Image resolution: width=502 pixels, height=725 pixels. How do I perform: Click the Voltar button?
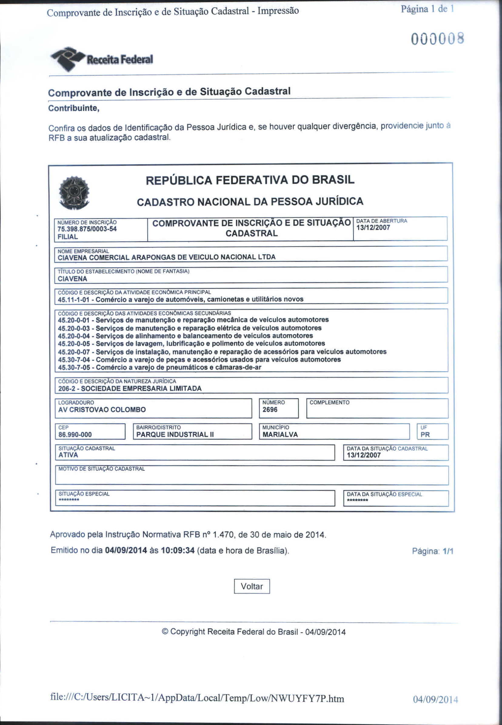[x=252, y=586]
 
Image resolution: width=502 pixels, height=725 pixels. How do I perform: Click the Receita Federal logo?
[x=102, y=59]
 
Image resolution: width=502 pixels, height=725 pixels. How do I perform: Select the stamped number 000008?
[x=437, y=39]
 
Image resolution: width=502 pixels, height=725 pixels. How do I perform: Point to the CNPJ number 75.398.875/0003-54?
[x=87, y=229]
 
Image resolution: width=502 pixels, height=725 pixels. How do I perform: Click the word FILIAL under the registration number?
[x=68, y=237]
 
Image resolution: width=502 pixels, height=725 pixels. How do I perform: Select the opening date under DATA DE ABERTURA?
[x=373, y=228]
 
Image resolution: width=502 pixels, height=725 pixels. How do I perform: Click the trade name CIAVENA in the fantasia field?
[x=73, y=279]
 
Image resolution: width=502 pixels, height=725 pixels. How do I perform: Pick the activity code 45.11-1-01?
[x=74, y=299]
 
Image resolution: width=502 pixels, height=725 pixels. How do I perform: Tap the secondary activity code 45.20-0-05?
[x=74, y=344]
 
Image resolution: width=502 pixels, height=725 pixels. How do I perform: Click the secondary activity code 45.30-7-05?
[x=74, y=368]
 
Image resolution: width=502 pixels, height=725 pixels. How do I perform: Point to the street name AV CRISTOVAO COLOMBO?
[x=102, y=410]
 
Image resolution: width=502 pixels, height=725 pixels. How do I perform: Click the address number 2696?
[x=270, y=410]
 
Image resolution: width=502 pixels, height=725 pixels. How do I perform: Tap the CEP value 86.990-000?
[x=75, y=435]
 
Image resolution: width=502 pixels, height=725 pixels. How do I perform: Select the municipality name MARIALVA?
[x=280, y=435]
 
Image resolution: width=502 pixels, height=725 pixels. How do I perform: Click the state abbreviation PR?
[x=425, y=435]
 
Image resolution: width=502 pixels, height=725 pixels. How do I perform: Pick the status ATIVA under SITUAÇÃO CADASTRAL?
[x=68, y=455]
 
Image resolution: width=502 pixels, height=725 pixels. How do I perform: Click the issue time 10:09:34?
[x=178, y=550]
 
